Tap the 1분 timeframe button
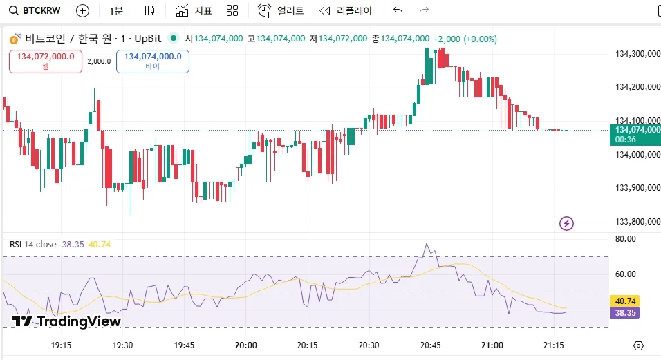pyautogui.click(x=116, y=10)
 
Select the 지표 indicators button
pyautogui.click(x=194, y=10)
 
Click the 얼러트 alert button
pyautogui.click(x=281, y=10)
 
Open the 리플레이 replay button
pyautogui.click(x=345, y=10)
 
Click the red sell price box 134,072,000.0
pyautogui.click(x=46, y=61)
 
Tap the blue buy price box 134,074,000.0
pyautogui.click(x=153, y=61)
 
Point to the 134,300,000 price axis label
pyautogui.click(x=637, y=53)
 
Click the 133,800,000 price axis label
pyautogui.click(x=637, y=221)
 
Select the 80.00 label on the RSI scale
pyautogui.click(x=626, y=239)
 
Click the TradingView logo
pyautogui.click(x=66, y=321)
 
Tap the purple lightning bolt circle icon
pyautogui.click(x=567, y=222)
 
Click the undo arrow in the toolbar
pyautogui.click(x=398, y=10)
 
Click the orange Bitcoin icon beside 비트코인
pyautogui.click(x=15, y=39)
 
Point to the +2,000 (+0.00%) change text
pyautogui.click(x=465, y=39)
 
